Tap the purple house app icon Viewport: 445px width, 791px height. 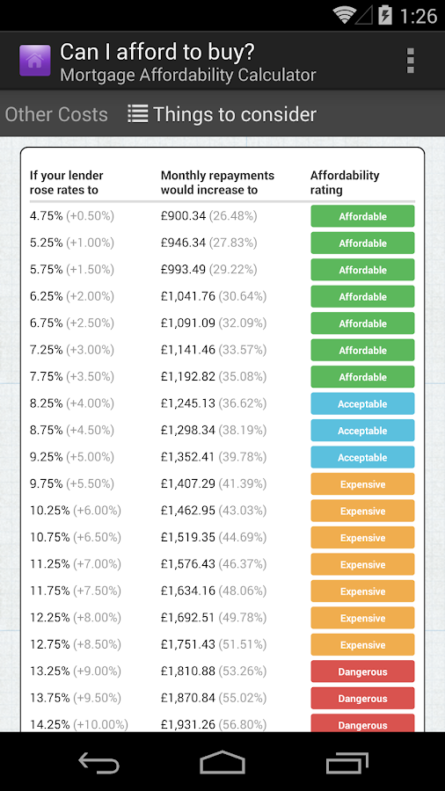35,61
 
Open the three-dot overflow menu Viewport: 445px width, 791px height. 410,61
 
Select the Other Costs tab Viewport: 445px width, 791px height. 56,114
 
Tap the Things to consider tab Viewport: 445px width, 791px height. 222,114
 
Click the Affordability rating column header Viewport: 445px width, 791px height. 345,183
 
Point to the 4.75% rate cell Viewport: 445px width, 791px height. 46,216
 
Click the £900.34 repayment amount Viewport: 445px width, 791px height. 183,216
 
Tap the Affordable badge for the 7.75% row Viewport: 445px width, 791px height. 362,377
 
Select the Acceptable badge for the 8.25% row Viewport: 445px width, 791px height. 362,403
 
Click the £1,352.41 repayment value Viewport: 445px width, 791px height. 187,457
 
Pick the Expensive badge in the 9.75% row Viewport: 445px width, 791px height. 362,483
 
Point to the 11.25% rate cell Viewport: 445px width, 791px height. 49,564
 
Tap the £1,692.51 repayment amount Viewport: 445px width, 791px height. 187,618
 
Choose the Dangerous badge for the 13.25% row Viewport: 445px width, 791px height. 362,671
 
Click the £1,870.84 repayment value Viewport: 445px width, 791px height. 187,698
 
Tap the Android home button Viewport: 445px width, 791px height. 222,762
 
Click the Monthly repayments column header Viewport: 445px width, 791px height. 217,183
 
